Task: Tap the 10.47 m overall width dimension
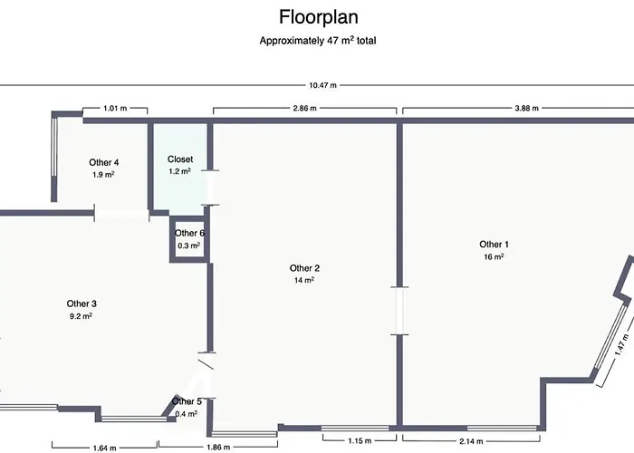(322, 85)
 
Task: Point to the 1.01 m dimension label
(115, 109)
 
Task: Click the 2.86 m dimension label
(305, 109)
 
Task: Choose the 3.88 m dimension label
(526, 109)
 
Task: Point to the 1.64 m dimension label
(105, 447)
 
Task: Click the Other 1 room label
(495, 245)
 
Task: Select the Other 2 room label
(304, 268)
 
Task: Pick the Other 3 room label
(82, 304)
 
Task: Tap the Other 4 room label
(104, 163)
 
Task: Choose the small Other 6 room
(189, 239)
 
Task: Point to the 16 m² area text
(495, 256)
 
